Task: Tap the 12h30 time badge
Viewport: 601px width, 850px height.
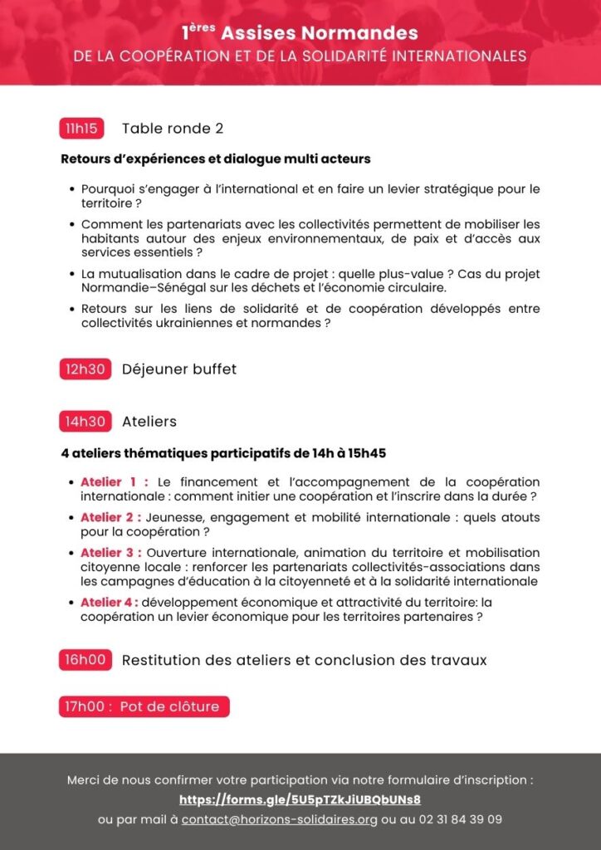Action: pyautogui.click(x=85, y=369)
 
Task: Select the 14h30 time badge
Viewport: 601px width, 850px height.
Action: pyautogui.click(x=85, y=422)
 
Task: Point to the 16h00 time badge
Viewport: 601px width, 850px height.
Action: pyautogui.click(x=85, y=661)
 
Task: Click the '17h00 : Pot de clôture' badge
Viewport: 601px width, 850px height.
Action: pyautogui.click(x=144, y=707)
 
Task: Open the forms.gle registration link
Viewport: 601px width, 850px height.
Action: pyautogui.click(x=300, y=800)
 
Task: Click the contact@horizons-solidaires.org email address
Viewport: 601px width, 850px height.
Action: pyautogui.click(x=280, y=819)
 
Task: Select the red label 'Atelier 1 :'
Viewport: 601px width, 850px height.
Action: pyautogui.click(x=114, y=482)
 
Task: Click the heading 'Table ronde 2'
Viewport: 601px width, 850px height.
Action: pyautogui.click(x=173, y=129)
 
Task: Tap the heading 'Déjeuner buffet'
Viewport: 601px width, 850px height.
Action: pyautogui.click(x=179, y=369)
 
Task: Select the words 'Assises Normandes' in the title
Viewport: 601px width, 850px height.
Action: pyautogui.click(x=320, y=34)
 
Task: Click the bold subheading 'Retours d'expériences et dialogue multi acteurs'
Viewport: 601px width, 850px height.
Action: pyautogui.click(x=216, y=159)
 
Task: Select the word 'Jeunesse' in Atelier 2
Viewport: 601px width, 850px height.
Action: pyautogui.click(x=171, y=517)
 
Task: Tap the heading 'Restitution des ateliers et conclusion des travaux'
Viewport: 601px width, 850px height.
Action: pyautogui.click(x=304, y=661)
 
